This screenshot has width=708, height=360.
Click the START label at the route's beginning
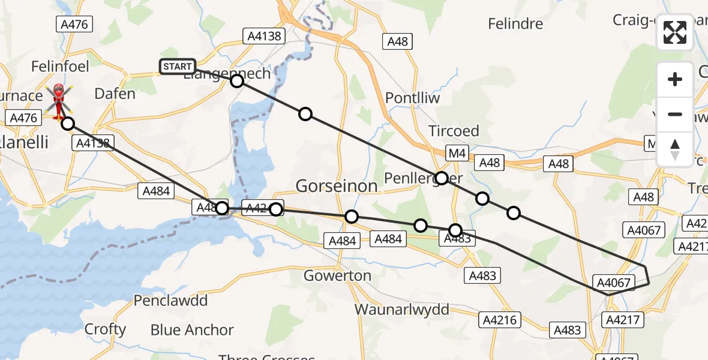(177, 67)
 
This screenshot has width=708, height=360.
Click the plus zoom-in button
(675, 79)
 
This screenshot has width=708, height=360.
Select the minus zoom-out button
(675, 114)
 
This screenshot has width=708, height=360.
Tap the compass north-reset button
(675, 149)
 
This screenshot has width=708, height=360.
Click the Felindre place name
(515, 24)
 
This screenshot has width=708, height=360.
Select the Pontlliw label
(412, 98)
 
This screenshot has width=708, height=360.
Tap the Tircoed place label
(454, 131)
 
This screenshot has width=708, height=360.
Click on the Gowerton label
(337, 276)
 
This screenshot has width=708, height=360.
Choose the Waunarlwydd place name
(402, 310)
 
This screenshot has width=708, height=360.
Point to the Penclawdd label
(170, 301)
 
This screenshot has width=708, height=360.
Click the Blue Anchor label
(192, 330)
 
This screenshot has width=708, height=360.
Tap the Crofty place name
(105, 329)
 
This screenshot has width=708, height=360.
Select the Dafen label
(115, 94)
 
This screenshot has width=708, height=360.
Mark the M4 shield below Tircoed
(457, 154)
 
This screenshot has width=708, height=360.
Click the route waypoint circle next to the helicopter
(68, 124)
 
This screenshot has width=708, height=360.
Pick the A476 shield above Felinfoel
(74, 25)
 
